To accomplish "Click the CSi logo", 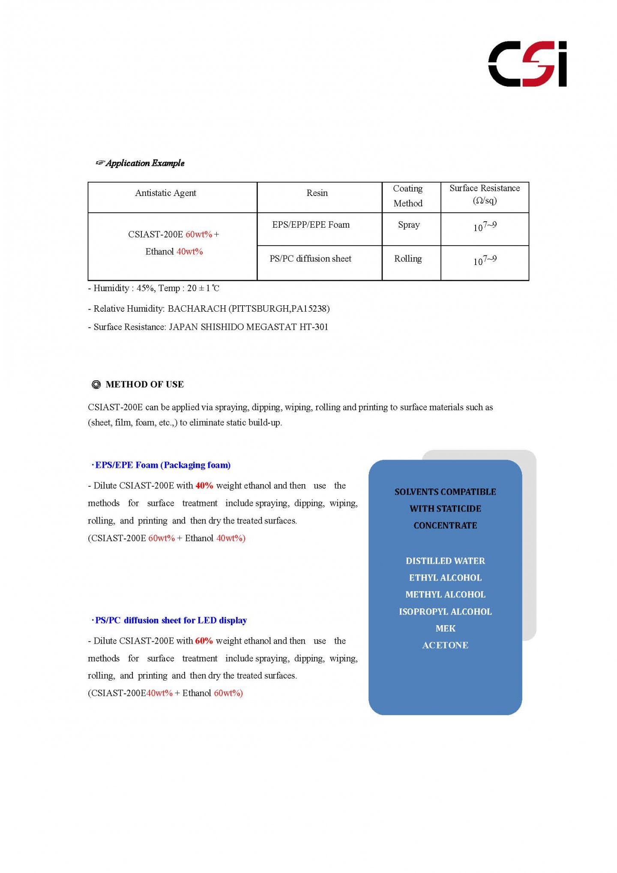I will (x=527, y=64).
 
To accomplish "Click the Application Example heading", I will (x=145, y=163).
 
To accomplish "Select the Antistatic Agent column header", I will (x=165, y=193).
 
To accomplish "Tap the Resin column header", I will (x=317, y=193).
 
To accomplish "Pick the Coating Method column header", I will (x=408, y=196).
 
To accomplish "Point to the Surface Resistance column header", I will (x=485, y=194).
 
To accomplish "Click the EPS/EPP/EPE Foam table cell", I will (x=311, y=225).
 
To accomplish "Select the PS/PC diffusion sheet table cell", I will (x=310, y=259).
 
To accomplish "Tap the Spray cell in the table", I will (x=409, y=225).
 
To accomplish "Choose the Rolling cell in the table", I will (x=408, y=259).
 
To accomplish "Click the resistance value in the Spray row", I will (x=485, y=226).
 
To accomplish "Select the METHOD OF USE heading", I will (x=144, y=385).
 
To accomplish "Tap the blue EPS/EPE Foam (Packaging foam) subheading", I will (x=162, y=465).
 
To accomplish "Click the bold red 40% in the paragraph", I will (x=204, y=486).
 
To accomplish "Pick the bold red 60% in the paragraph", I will (x=204, y=641).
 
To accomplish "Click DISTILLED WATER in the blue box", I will (x=445, y=561).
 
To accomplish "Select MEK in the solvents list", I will (x=445, y=629).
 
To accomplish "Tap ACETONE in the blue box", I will (x=445, y=645).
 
